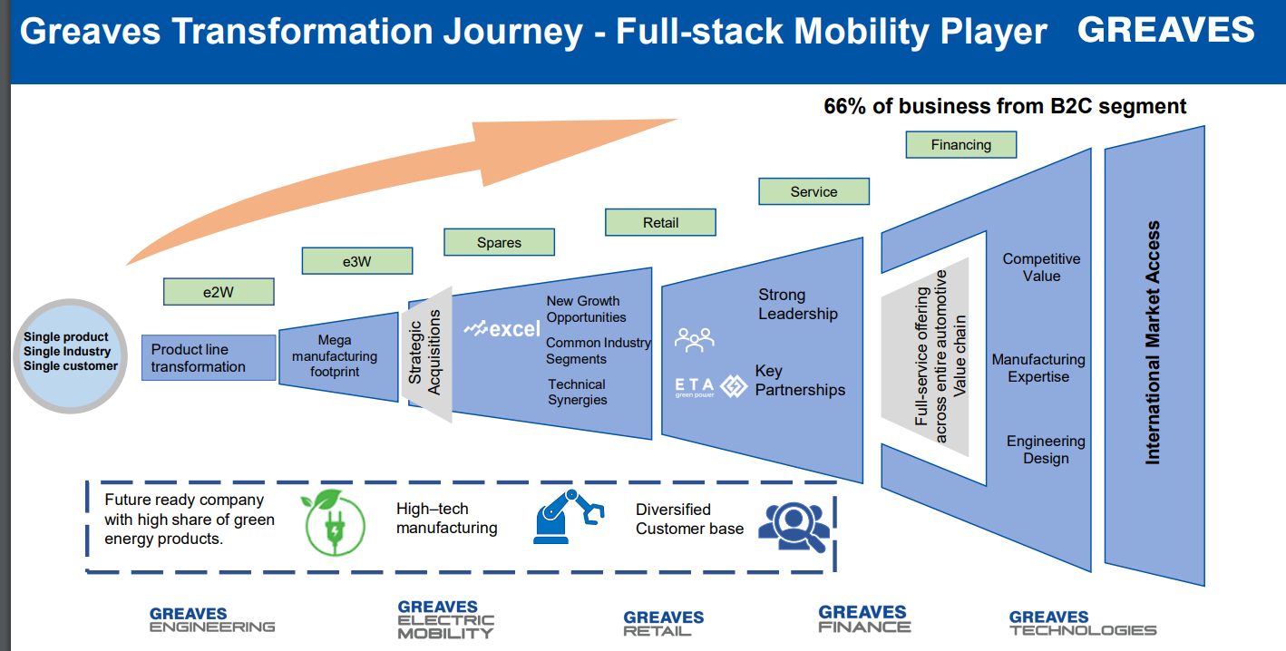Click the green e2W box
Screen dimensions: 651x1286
[x=218, y=291]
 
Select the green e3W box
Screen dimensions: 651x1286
[x=356, y=261]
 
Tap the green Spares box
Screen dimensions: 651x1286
[x=499, y=242]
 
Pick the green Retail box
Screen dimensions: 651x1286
[x=660, y=222]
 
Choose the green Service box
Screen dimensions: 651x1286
[x=813, y=191]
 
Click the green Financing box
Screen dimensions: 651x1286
[x=960, y=144]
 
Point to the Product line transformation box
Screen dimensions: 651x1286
[x=209, y=358]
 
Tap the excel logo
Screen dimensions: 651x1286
[x=502, y=328]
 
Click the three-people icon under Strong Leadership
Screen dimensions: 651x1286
[x=695, y=340]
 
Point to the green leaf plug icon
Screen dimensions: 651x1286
[x=334, y=522]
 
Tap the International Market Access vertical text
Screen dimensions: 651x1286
[x=1153, y=343]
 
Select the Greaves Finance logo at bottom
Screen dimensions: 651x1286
[x=863, y=619]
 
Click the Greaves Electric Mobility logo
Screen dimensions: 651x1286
[x=445, y=619]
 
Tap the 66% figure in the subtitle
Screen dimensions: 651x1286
[x=843, y=106]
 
